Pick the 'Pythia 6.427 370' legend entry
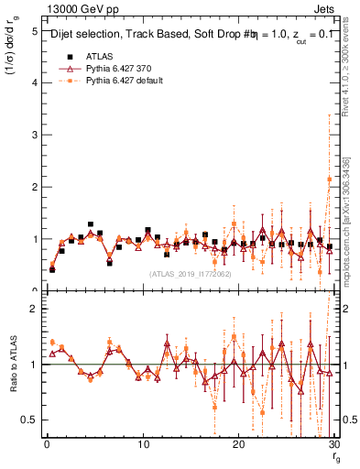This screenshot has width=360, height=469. [x=119, y=68]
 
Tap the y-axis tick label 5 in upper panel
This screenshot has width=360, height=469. [x=34, y=31]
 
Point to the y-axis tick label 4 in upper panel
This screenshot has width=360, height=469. [x=34, y=83]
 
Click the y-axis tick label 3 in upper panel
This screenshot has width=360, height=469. [x=34, y=136]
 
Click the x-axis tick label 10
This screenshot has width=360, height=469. [x=143, y=444]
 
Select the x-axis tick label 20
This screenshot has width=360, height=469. [x=238, y=444]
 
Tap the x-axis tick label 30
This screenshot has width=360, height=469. [x=333, y=444]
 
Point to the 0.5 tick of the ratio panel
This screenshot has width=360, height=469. [x=29, y=420]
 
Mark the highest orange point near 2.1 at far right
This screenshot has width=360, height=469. [x=329, y=180]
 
